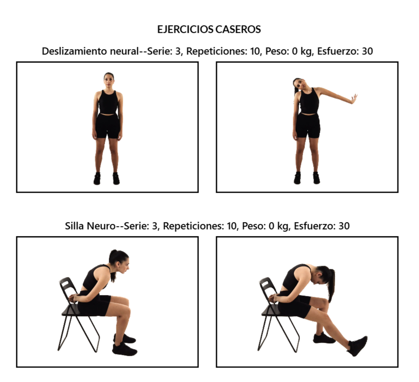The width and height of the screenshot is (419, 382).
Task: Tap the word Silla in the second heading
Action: [x=74, y=226]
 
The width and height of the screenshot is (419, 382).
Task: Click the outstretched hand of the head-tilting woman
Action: [x=355, y=99]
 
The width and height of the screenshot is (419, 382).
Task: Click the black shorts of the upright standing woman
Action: [x=108, y=126]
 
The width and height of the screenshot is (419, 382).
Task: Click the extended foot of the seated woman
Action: [x=358, y=346]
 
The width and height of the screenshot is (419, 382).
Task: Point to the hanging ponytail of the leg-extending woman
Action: [x=331, y=286]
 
